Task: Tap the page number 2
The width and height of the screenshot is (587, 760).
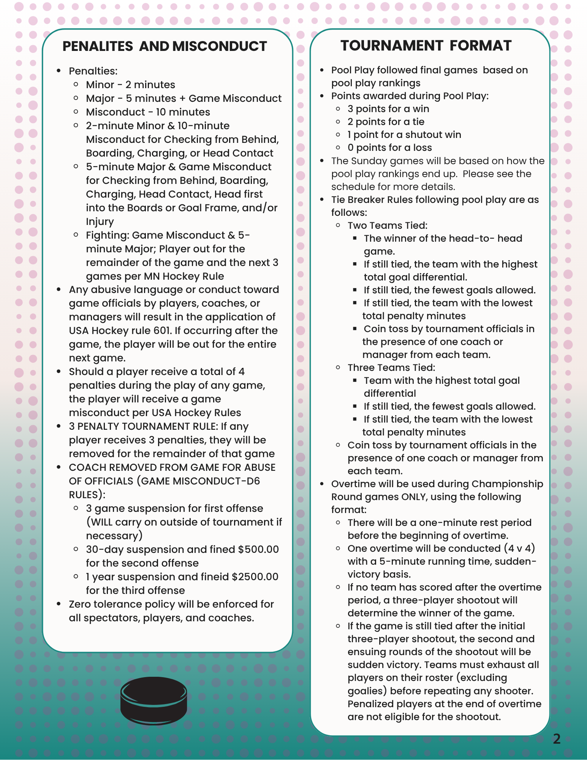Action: pyautogui.click(x=557, y=739)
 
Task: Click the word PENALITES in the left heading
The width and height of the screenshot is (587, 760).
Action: pyautogui.click(x=98, y=46)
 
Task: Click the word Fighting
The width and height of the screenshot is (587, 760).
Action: pyautogui.click(x=108, y=235)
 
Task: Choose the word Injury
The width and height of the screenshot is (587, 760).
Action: pyautogui.click(x=100, y=222)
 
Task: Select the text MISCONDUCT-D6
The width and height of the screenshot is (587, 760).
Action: pyautogui.click(x=217, y=481)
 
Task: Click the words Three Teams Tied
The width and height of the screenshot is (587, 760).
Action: pyautogui.click(x=391, y=367)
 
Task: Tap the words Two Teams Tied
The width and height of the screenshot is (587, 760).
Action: pyautogui.click(x=388, y=225)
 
